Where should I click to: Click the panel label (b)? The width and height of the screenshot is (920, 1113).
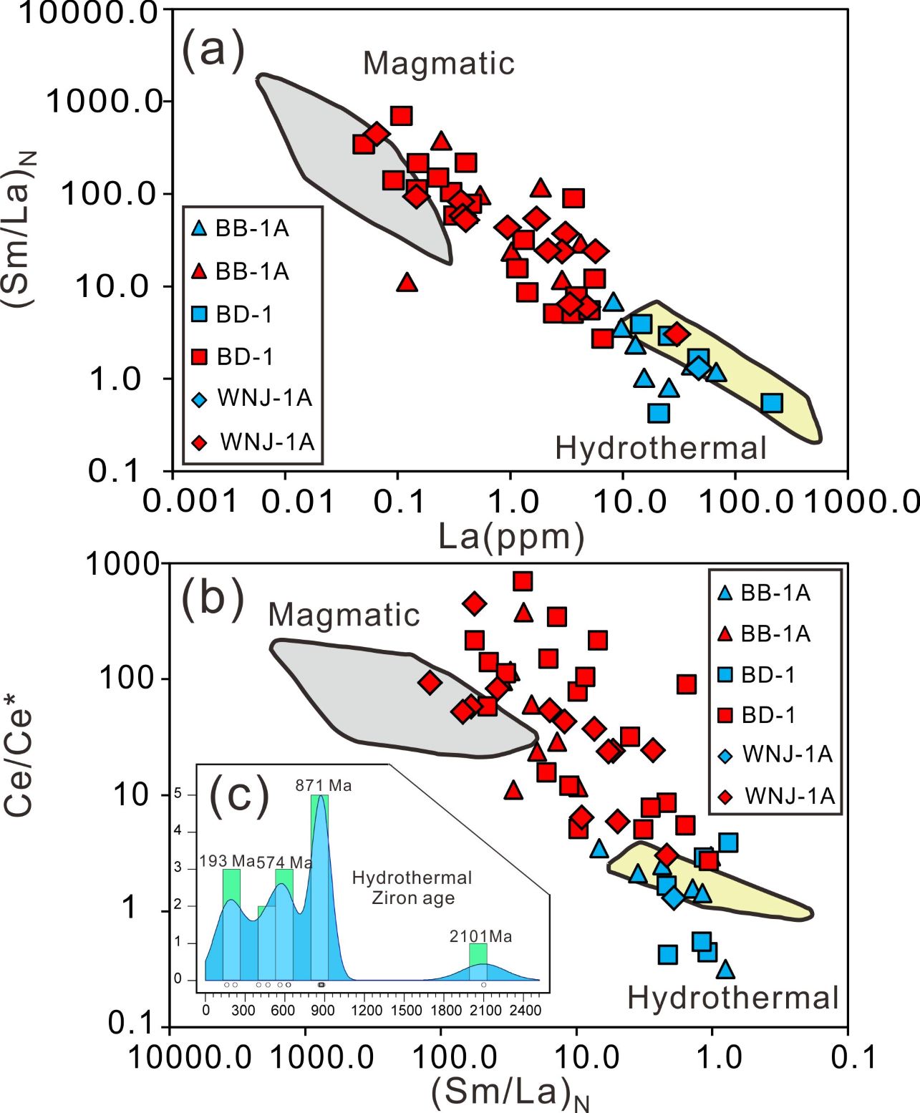point(213,598)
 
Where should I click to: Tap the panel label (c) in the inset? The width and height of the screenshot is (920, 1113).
point(239,794)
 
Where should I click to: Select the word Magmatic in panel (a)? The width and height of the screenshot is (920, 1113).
point(439,63)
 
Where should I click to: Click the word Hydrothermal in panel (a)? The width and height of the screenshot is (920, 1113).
point(660,448)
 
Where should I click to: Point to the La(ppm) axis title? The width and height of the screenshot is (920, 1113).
point(511,536)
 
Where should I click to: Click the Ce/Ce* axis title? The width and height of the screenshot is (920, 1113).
point(20,762)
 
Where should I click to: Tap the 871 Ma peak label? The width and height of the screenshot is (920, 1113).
point(324,785)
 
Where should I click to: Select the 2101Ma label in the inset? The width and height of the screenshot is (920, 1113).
point(480,936)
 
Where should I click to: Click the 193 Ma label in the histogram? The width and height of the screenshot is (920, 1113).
point(227,861)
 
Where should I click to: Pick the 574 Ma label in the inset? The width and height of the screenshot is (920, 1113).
point(284,862)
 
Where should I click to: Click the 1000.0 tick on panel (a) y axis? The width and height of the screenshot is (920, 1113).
point(104,101)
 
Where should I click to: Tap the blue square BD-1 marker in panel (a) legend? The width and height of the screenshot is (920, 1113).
point(200,314)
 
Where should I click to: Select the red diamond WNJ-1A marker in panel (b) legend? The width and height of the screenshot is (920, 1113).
point(725,796)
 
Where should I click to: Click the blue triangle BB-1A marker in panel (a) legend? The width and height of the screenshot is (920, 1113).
point(200,229)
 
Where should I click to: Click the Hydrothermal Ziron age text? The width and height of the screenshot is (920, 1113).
point(412,888)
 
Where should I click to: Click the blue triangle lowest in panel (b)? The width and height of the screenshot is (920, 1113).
point(725,969)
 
